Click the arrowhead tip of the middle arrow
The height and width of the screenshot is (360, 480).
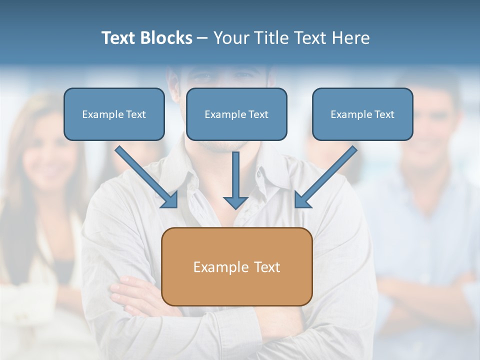coord(235,207)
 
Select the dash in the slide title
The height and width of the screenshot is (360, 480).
coord(202,38)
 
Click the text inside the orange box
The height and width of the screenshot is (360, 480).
coord(236,267)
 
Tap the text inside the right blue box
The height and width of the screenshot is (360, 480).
coord(362,114)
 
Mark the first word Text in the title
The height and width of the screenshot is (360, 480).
coord(120,38)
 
